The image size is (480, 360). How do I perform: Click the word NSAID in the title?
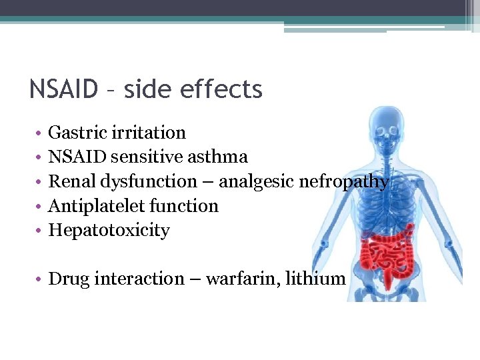click(64, 89)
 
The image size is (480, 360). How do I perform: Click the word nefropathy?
click(346, 182)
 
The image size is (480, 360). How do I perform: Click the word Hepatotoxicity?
click(109, 231)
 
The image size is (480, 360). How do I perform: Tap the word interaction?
click(138, 279)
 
